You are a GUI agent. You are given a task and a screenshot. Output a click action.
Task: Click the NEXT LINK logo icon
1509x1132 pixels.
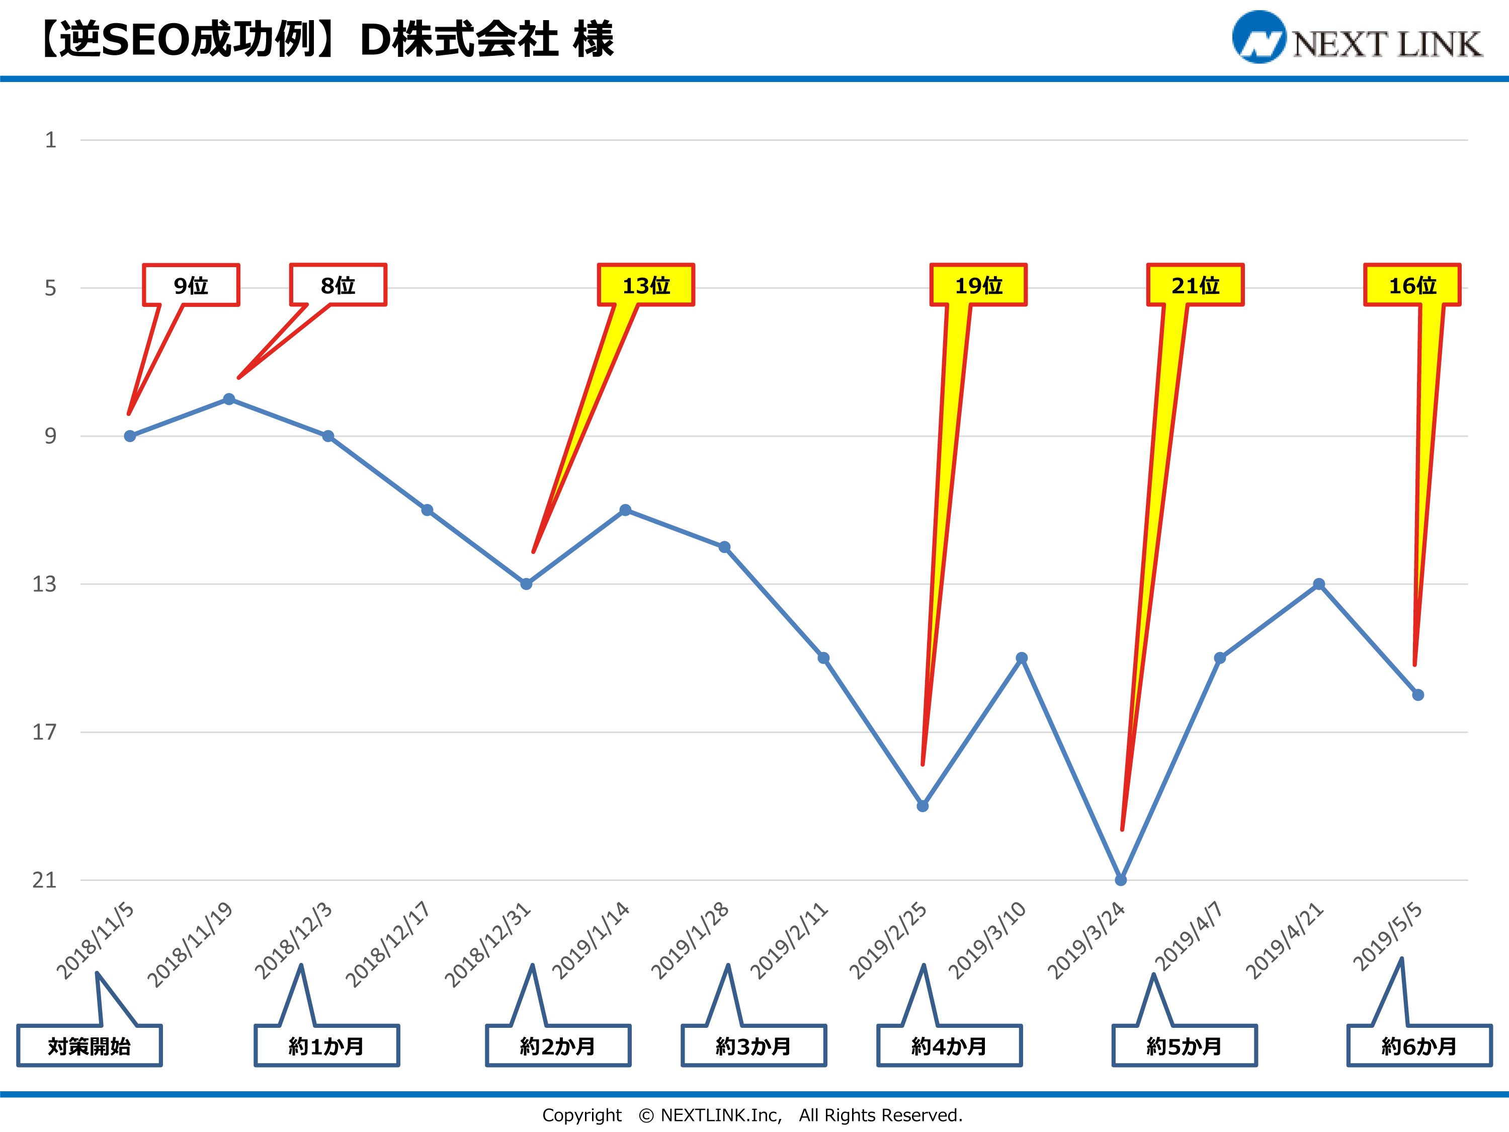[1259, 38]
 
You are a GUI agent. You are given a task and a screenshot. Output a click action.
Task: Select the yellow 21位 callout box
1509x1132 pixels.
[1195, 285]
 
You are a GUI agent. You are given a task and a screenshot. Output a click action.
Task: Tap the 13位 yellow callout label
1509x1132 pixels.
[646, 285]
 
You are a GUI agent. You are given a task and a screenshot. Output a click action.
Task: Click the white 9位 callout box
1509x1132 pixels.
[191, 285]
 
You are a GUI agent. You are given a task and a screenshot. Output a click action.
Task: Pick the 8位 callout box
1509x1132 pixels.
[339, 285]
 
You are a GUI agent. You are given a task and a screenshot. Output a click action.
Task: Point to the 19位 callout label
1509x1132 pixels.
[978, 285]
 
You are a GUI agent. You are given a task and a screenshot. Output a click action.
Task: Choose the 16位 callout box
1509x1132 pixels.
[1412, 285]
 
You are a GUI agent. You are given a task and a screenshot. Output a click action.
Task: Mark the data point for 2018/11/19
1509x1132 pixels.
[229, 399]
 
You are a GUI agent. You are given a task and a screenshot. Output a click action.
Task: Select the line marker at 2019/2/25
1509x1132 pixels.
[923, 806]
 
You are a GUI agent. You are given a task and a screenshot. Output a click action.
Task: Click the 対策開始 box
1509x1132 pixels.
[90, 1046]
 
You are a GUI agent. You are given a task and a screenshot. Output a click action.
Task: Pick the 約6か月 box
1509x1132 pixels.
[1419, 1046]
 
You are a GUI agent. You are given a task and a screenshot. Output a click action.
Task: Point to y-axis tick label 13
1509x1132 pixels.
[44, 584]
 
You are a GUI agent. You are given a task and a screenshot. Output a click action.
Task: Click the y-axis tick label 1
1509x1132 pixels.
[50, 140]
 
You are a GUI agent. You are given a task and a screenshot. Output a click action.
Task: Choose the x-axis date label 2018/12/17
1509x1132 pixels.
[387, 944]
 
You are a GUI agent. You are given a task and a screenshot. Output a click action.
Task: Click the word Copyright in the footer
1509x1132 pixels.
[582, 1115]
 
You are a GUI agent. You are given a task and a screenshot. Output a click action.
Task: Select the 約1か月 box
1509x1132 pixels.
[327, 1046]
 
